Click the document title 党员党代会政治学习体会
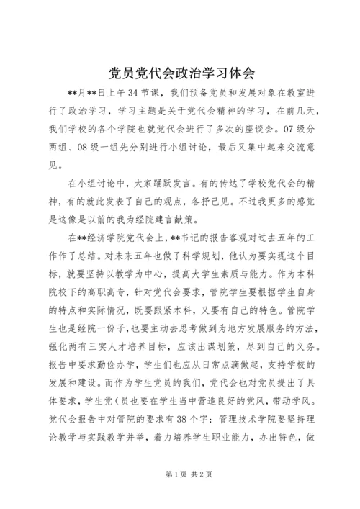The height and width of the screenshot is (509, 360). point(180,73)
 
